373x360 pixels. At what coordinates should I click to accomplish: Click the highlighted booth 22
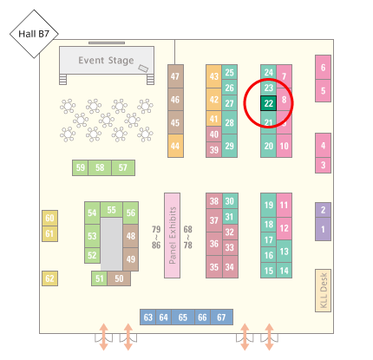coord(268,103)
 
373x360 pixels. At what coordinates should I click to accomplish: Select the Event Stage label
coord(106,61)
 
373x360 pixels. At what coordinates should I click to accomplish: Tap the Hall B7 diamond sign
coord(34,34)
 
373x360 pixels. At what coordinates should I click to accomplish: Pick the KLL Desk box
coord(323,291)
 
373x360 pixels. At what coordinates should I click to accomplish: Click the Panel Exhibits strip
coord(172,235)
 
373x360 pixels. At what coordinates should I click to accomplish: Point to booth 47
coord(175,76)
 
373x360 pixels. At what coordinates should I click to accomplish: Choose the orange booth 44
coord(175,146)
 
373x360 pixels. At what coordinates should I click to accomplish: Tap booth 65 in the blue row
coord(183,317)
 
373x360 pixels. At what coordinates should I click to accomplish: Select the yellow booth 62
coord(49,278)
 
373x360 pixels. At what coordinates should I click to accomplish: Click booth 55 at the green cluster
coord(111,210)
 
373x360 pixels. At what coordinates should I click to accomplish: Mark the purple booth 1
coord(323,229)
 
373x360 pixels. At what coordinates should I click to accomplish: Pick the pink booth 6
coord(323,68)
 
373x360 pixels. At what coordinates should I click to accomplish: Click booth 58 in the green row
coord(100,167)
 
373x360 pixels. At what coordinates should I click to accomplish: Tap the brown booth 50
coord(119,278)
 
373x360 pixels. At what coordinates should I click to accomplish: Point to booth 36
coord(214,244)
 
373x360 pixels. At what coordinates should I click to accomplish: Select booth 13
coord(284,252)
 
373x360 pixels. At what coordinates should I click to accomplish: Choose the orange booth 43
coord(213,76)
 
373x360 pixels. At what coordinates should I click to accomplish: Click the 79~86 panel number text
coord(156,237)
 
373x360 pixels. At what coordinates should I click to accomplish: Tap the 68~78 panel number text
coord(187,237)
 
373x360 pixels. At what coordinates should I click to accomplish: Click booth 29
coord(230,146)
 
